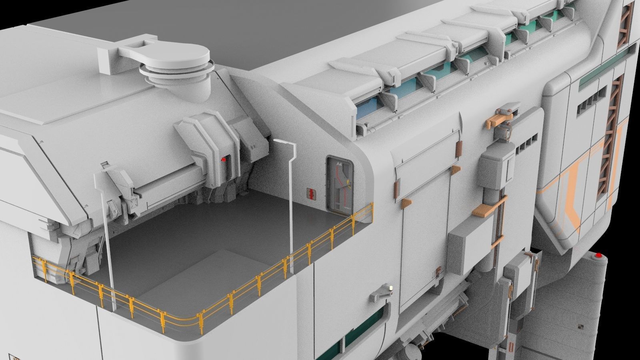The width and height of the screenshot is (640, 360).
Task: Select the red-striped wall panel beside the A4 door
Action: (310, 193)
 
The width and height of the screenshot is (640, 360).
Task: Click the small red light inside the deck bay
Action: (224, 159)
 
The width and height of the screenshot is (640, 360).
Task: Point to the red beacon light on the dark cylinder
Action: (599, 255)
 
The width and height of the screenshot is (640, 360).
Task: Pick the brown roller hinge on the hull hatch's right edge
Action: (458, 149)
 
